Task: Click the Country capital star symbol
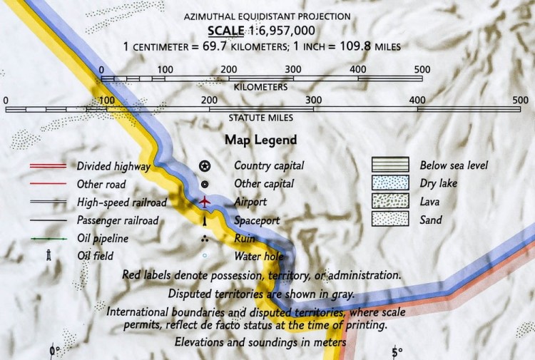[x=205, y=166]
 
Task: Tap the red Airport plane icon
[x=205, y=202]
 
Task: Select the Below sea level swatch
[x=389, y=165]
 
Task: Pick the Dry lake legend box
[x=389, y=183]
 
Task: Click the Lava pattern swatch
[x=389, y=202]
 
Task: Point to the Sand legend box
[x=389, y=220]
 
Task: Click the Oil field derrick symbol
[x=50, y=255]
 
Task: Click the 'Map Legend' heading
[x=260, y=140]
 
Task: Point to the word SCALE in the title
[x=224, y=31]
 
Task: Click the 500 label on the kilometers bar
[x=422, y=68]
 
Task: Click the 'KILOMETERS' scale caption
[x=260, y=87]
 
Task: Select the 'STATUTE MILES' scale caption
[x=260, y=118]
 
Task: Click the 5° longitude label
[x=397, y=351]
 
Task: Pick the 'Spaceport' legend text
[x=257, y=220]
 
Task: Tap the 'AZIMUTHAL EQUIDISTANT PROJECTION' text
[x=267, y=16]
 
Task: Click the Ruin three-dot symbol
[x=205, y=238]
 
